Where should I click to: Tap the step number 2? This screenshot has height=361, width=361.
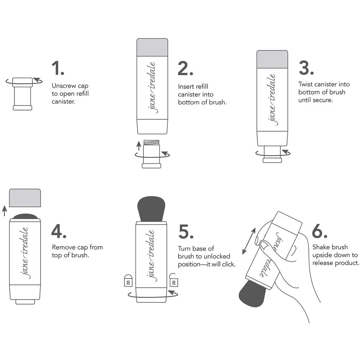[185, 68]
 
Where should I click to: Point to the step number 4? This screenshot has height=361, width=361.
[59, 231]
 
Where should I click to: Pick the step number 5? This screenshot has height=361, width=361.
[186, 231]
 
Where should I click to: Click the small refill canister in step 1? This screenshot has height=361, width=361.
[23, 93]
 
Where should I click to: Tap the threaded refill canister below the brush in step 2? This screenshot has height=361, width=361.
[152, 154]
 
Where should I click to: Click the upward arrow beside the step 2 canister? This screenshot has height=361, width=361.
[139, 145]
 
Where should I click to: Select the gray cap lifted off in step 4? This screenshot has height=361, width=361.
[25, 198]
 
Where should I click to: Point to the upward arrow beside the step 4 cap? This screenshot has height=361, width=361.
[4, 211]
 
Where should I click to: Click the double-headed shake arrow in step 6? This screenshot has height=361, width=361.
[249, 241]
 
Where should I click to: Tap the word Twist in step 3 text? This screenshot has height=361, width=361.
[306, 84]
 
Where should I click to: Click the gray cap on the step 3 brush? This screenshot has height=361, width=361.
[272, 59]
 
